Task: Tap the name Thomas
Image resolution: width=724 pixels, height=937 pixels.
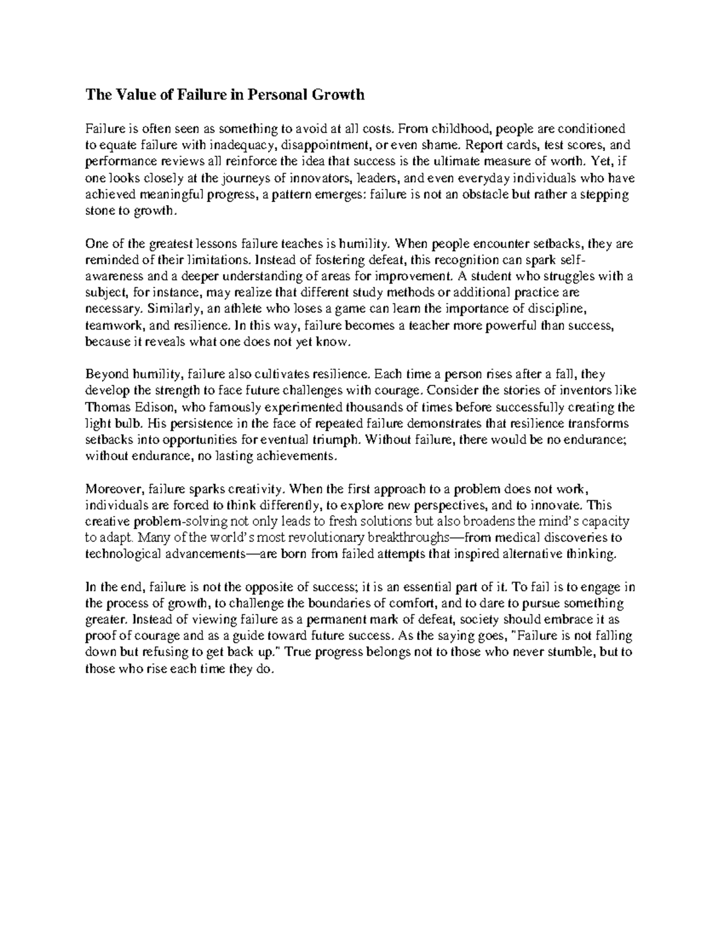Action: [x=104, y=407]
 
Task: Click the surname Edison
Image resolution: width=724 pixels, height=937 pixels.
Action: [x=153, y=407]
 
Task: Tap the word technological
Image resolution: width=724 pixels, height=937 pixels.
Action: [x=115, y=554]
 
